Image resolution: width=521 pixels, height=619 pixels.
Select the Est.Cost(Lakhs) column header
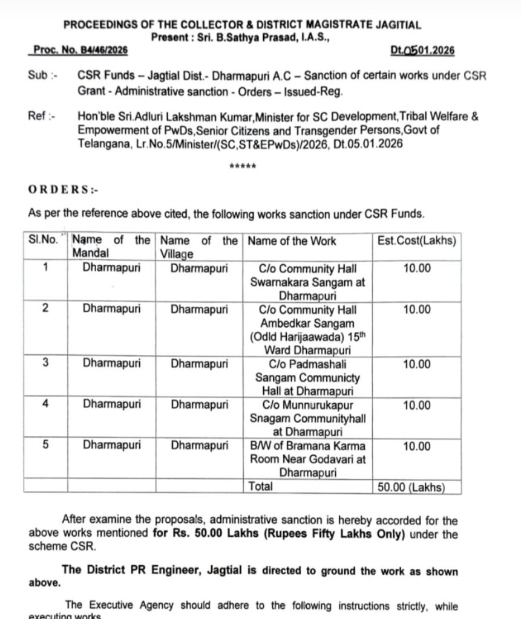pyautogui.click(x=416, y=240)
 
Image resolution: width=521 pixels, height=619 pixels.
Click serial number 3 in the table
pyautogui.click(x=46, y=364)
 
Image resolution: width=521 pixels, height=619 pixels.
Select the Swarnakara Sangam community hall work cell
pyautogui.click(x=307, y=282)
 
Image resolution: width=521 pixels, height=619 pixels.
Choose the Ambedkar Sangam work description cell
pyautogui.click(x=307, y=329)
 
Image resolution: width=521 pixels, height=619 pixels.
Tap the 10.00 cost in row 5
pyautogui.click(x=416, y=446)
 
